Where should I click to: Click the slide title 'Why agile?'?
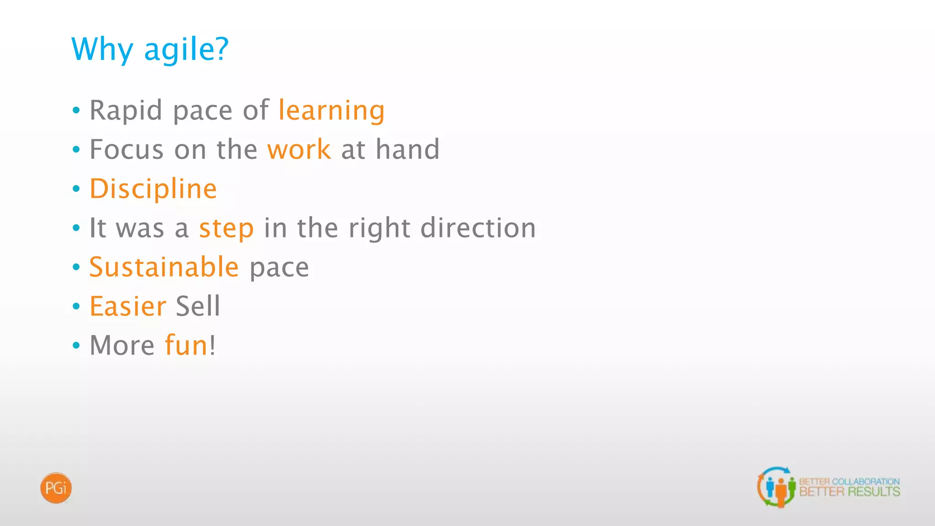(x=150, y=49)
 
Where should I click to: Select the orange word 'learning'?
(x=331, y=110)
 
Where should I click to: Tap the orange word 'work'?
(x=299, y=150)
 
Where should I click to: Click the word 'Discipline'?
(x=153, y=189)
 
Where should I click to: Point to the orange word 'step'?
(x=226, y=228)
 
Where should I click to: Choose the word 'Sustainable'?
(x=164, y=267)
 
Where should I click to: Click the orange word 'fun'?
(x=186, y=345)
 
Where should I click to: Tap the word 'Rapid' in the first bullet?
(x=126, y=110)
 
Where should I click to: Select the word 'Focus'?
(x=126, y=150)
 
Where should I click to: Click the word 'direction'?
(x=478, y=228)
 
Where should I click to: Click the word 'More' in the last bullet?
(x=122, y=345)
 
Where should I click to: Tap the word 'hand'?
(x=407, y=150)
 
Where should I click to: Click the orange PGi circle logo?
(x=56, y=488)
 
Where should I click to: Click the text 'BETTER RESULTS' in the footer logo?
(x=849, y=492)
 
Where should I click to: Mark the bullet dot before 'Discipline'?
(x=76, y=189)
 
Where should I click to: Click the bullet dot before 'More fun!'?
(x=76, y=345)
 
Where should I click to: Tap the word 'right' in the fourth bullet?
(x=379, y=228)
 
